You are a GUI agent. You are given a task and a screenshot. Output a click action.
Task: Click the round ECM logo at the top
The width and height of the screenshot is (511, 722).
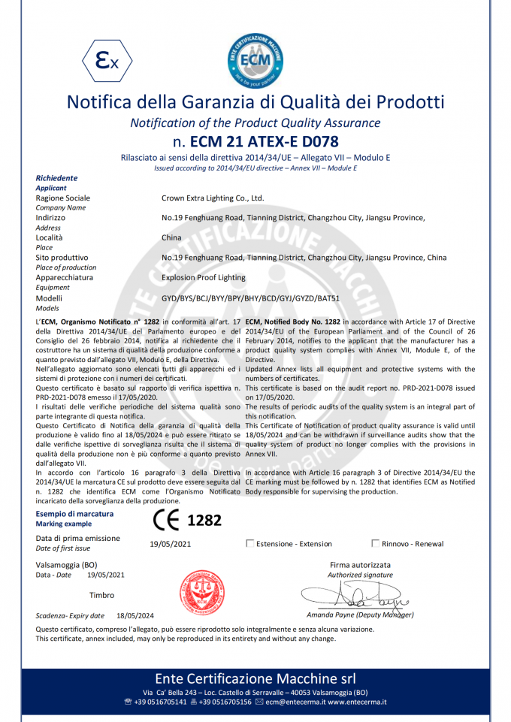pos(255,58)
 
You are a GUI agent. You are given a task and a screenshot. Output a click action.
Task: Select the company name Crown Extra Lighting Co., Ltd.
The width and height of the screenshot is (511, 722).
pos(213,198)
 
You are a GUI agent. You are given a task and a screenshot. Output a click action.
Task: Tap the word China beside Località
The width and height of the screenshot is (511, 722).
pos(171,237)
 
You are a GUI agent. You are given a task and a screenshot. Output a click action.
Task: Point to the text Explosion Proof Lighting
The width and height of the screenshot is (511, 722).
pos(203,277)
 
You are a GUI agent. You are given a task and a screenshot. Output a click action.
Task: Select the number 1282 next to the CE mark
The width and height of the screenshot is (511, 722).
pos(204,520)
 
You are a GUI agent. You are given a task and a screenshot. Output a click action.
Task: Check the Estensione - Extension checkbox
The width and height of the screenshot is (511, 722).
pos(250,543)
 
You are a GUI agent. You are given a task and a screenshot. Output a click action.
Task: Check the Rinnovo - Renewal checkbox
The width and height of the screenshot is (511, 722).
pos(376,543)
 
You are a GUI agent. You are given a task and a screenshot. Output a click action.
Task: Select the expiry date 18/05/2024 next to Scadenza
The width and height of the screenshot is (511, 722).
pos(135,615)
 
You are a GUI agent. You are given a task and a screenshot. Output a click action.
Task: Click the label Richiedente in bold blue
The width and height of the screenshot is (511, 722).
pos(56,178)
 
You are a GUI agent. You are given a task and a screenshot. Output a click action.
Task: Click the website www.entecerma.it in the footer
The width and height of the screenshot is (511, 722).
pos(356,702)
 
